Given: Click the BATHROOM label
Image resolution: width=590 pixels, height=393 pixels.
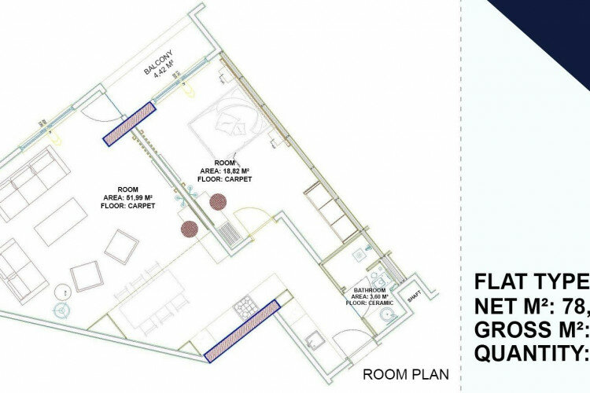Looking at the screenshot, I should click(x=369, y=289).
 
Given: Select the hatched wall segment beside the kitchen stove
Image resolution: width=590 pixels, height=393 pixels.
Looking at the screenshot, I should click(x=239, y=331).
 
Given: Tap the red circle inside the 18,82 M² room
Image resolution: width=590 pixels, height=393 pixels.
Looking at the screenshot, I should click(x=218, y=202).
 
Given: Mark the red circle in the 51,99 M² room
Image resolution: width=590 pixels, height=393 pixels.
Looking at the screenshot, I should click(x=189, y=229).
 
